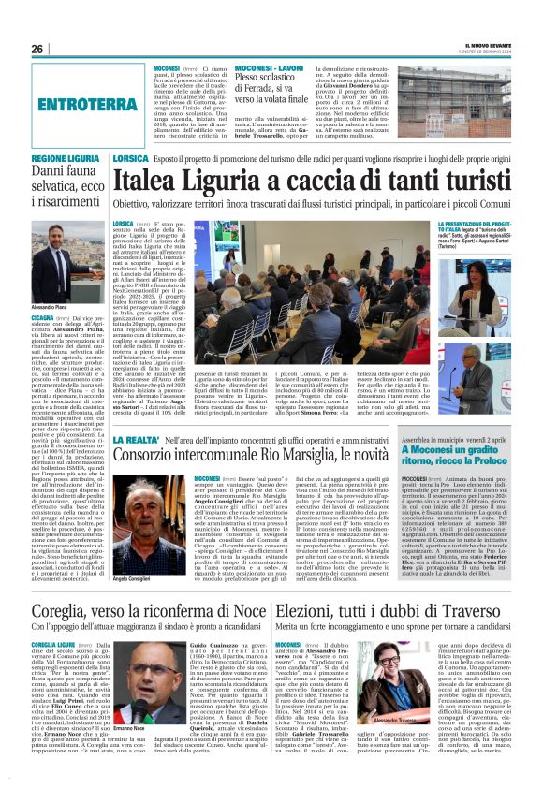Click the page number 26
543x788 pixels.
pos(37,49)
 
